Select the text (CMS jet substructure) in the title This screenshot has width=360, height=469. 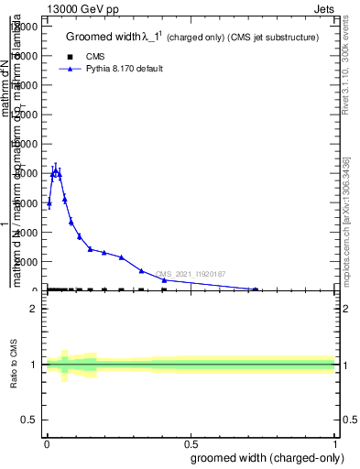[x=271, y=38]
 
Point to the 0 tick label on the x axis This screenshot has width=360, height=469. [x=47, y=443]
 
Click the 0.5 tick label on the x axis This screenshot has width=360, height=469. [x=190, y=443]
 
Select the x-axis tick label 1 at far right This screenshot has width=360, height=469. [x=334, y=443]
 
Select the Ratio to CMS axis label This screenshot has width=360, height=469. [x=14, y=365]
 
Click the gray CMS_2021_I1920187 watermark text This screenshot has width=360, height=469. [x=190, y=274]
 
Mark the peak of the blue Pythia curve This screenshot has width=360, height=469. [x=56, y=170]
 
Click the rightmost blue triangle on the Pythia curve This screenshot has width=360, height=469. [x=256, y=289]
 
